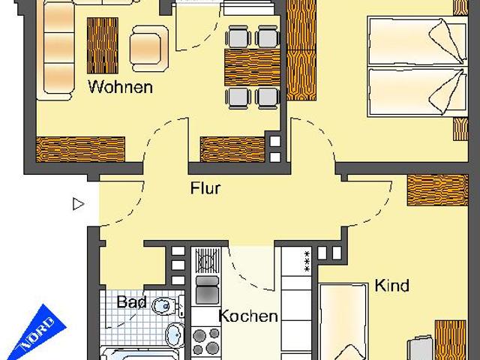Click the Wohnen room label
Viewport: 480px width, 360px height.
click(x=120, y=87)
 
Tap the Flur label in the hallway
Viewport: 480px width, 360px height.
click(x=205, y=188)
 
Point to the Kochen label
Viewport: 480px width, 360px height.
click(x=247, y=316)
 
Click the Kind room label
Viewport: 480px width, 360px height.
click(x=391, y=286)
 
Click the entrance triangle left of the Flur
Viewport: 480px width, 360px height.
click(x=78, y=202)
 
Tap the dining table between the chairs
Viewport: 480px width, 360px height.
click(x=251, y=67)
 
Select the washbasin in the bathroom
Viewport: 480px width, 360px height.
click(x=173, y=334)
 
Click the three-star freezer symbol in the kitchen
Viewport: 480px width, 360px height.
click(x=306, y=262)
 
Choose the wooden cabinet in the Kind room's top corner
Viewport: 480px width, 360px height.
click(x=430, y=190)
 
